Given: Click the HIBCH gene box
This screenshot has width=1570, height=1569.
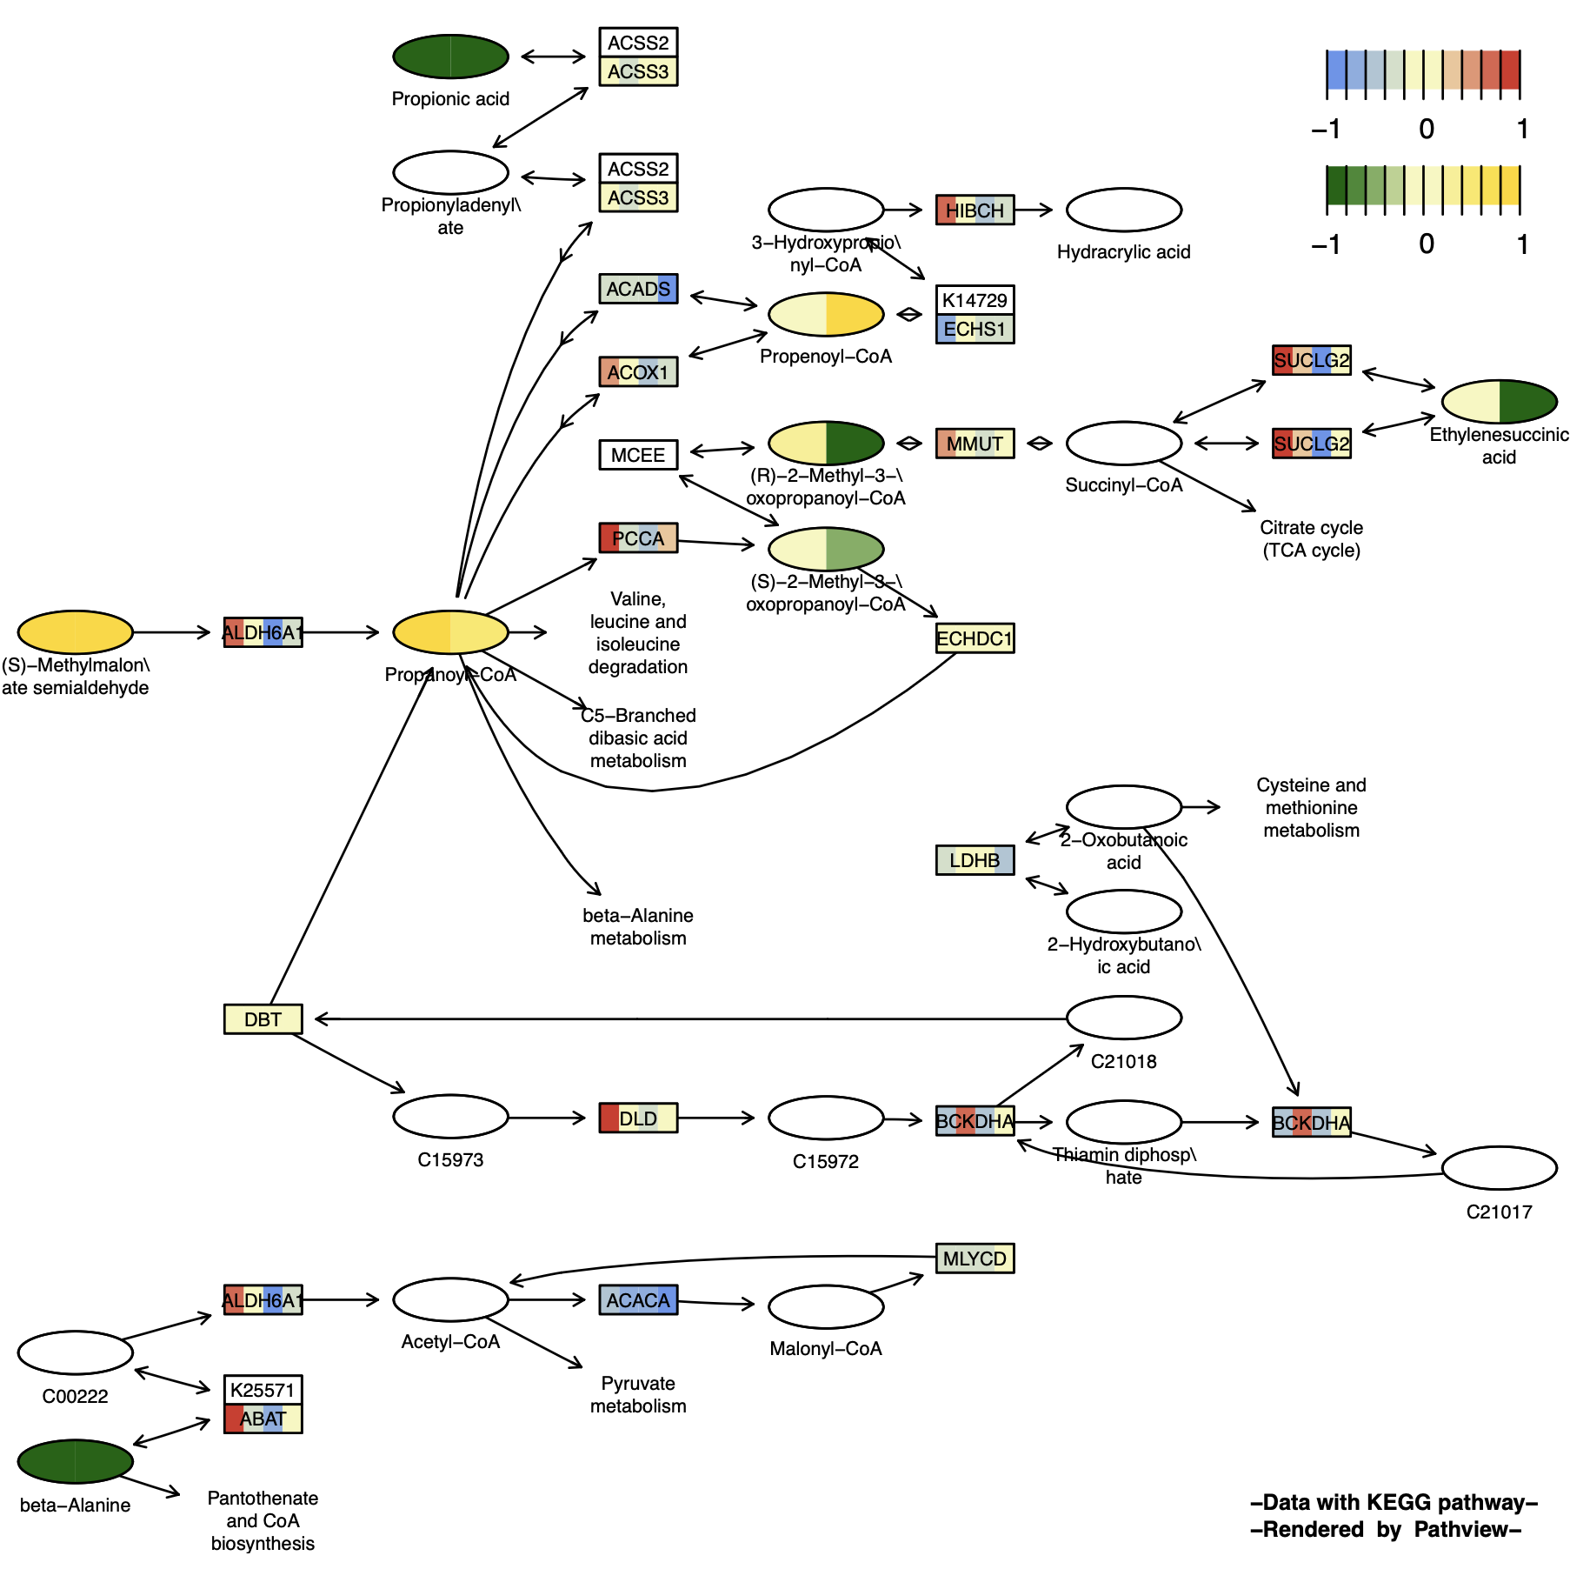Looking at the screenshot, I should click(975, 210).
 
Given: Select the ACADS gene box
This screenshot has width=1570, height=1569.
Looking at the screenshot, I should click(638, 289).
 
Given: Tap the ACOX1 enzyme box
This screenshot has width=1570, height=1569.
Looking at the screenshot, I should click(638, 372).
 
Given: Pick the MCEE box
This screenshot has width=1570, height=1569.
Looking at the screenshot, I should click(638, 455).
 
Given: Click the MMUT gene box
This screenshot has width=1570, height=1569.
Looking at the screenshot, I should click(975, 444).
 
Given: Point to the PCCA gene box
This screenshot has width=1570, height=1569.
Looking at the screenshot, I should click(638, 538).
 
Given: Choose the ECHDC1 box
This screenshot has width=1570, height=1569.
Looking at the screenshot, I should click(975, 638).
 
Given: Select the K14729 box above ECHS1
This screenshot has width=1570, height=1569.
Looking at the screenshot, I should click(975, 300).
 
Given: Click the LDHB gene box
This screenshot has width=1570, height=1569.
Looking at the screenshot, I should click(975, 860).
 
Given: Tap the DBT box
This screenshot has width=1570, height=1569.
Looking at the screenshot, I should click(263, 1019).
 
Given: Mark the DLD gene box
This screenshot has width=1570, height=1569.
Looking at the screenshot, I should click(638, 1118).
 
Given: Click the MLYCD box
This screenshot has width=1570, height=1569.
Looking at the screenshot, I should click(975, 1259).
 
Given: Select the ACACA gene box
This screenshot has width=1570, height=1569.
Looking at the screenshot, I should click(638, 1300).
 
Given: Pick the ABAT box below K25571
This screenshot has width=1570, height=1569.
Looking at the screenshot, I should click(263, 1419).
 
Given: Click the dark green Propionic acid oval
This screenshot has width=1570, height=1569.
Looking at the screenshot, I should click(450, 57).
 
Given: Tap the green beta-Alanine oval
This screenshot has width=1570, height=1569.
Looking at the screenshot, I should click(76, 1461).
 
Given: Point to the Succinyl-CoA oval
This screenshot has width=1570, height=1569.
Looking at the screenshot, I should click(1123, 444).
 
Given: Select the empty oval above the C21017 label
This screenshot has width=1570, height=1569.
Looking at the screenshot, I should click(1499, 1168).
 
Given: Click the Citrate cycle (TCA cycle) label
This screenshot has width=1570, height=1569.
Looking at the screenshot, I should click(1311, 538).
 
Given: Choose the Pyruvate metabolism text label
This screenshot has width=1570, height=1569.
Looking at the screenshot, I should click(638, 1394).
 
